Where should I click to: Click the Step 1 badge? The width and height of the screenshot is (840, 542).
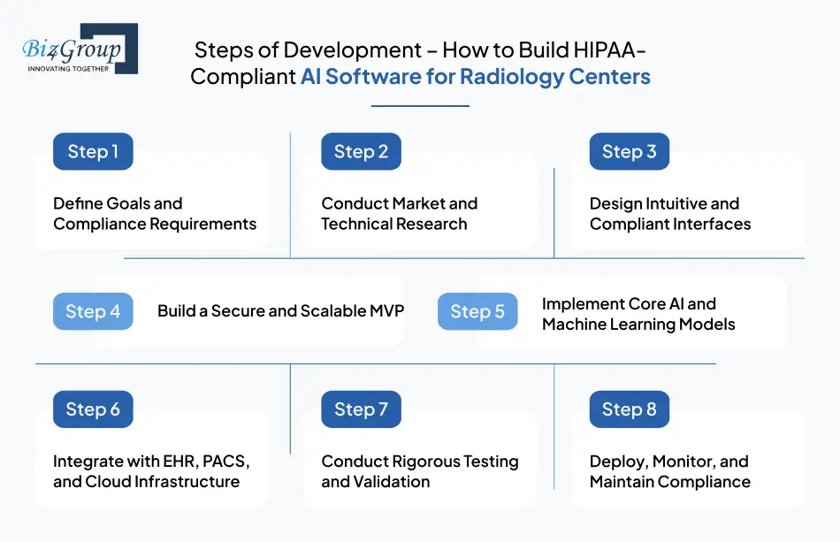tap(93, 151)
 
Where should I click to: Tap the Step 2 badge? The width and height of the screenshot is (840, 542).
tap(361, 151)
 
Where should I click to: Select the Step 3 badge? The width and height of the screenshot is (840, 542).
tap(629, 151)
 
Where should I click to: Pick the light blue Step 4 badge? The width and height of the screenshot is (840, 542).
tap(93, 311)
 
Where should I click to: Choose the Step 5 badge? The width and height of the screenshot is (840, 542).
tap(477, 311)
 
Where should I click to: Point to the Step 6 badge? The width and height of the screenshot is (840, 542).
tap(93, 409)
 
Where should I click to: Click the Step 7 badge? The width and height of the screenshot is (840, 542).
tap(361, 409)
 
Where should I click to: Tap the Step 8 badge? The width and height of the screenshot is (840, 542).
tap(629, 409)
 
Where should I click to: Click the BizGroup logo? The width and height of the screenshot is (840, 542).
tap(78, 49)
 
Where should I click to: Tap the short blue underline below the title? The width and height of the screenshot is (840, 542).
tap(420, 106)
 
